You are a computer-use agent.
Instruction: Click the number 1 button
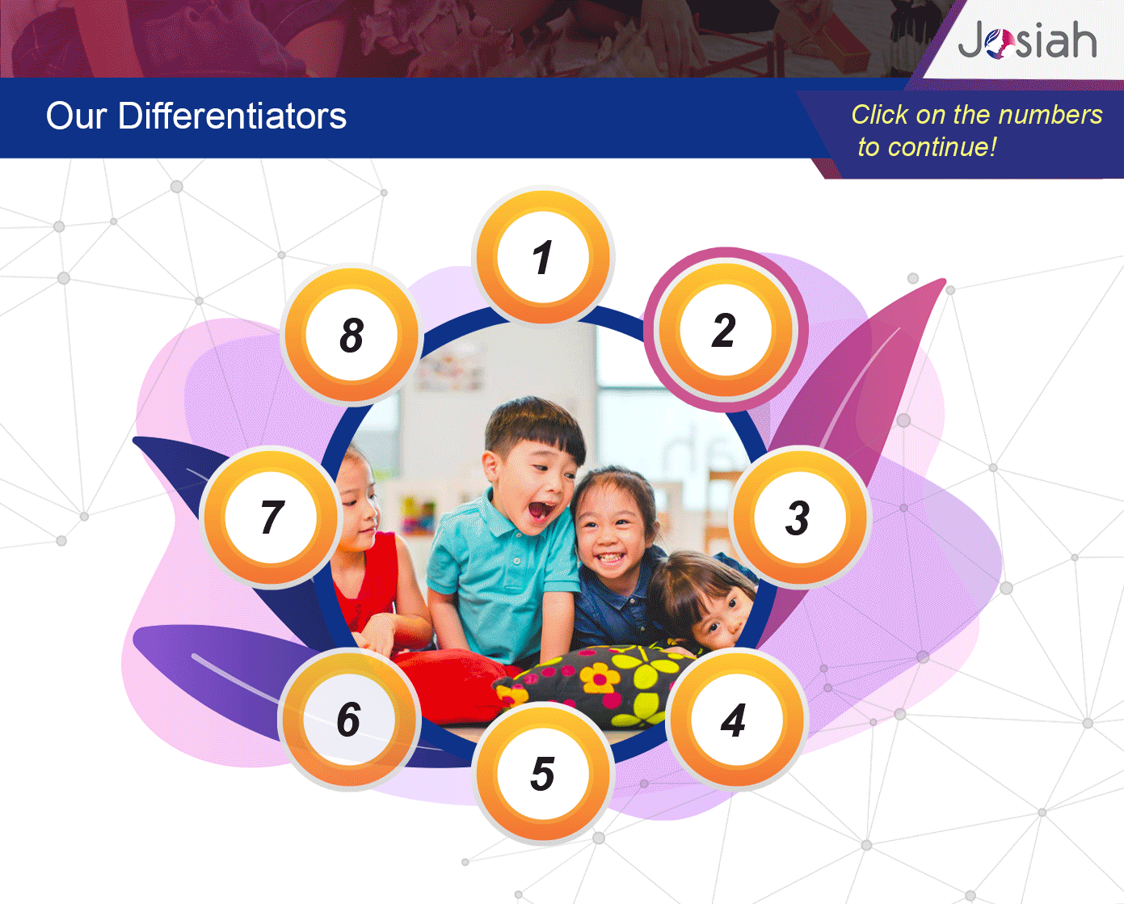543,256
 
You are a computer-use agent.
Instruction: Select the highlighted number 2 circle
726,330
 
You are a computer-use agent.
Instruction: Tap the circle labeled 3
799,517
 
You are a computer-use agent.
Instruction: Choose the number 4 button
736,720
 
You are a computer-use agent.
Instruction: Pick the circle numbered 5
543,774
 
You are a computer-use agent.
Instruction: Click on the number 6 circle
349,720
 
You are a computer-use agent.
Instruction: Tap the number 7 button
271,517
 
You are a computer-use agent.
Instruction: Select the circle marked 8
352,335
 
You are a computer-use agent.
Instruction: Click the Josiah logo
1027,40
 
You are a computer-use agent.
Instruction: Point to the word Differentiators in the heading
233,116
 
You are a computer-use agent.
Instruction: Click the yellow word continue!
942,147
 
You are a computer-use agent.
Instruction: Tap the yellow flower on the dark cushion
600,678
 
